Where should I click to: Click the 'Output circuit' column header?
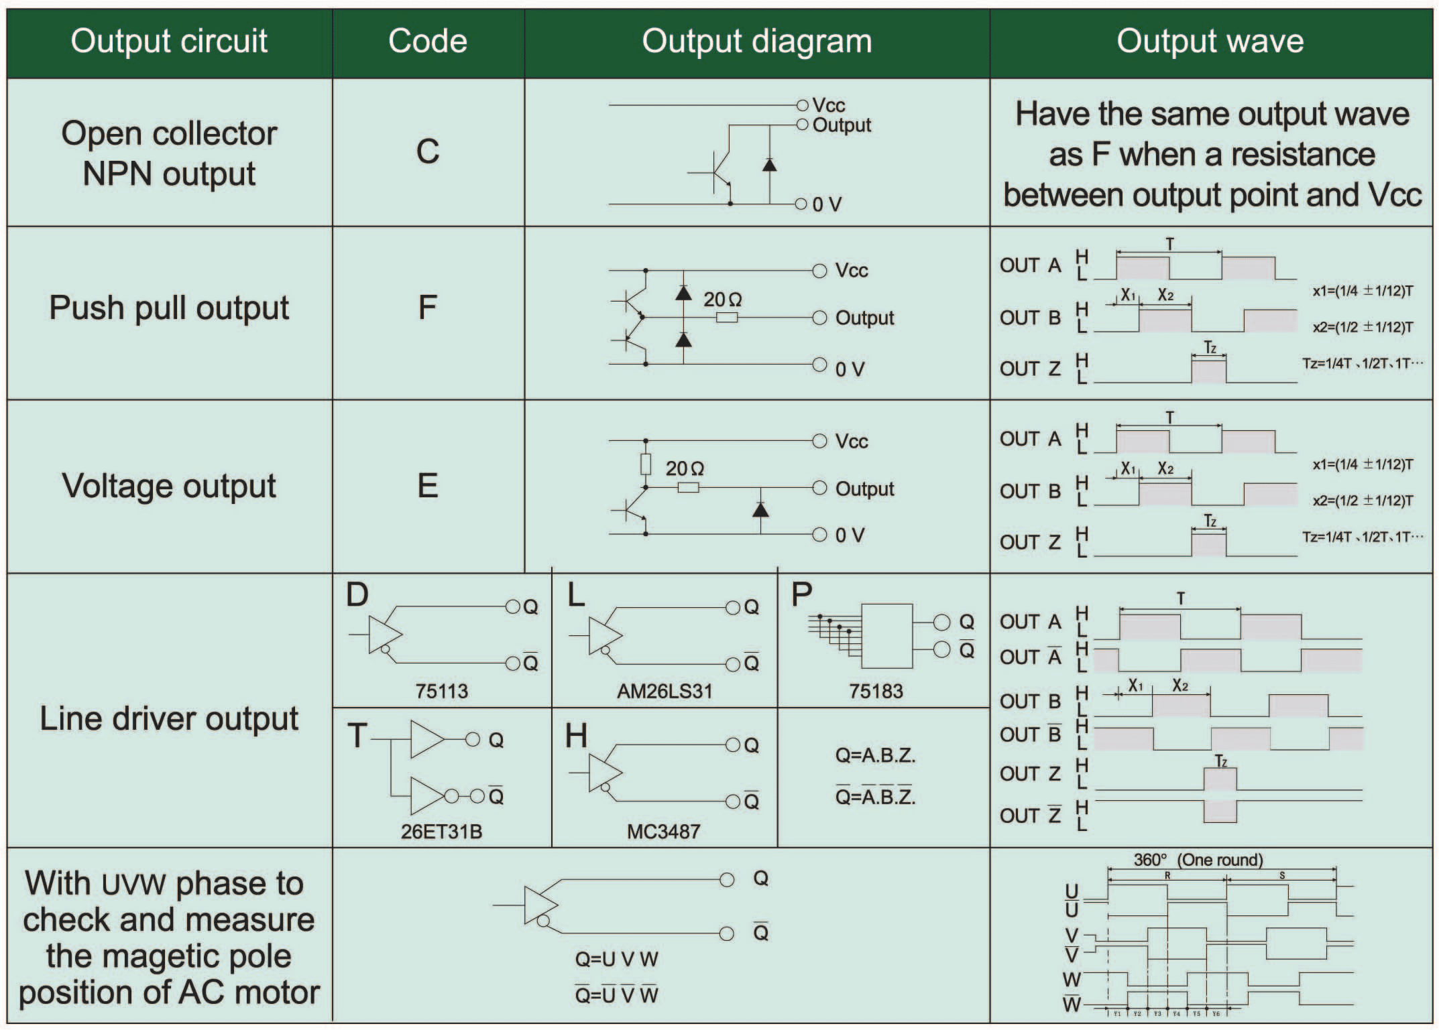tap(169, 41)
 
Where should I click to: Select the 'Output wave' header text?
tap(1210, 41)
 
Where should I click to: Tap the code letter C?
tap(428, 151)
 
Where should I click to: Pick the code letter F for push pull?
tap(428, 308)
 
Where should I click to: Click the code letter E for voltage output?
tap(428, 486)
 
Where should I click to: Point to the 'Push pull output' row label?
tap(169, 308)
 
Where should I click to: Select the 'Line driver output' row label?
tap(169, 718)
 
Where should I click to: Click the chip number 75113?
tap(441, 691)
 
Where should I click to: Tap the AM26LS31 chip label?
tap(665, 691)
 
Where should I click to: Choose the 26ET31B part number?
tap(441, 832)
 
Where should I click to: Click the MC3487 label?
tap(663, 832)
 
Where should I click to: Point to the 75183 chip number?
tap(876, 691)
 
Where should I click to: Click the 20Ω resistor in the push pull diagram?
tap(727, 318)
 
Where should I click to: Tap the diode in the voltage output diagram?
tap(760, 510)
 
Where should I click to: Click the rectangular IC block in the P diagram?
tap(886, 636)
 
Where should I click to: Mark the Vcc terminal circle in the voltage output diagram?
tap(819, 441)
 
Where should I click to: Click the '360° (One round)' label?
tap(1198, 860)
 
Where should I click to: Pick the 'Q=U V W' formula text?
tap(616, 959)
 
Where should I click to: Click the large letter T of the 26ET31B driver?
tap(357, 736)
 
